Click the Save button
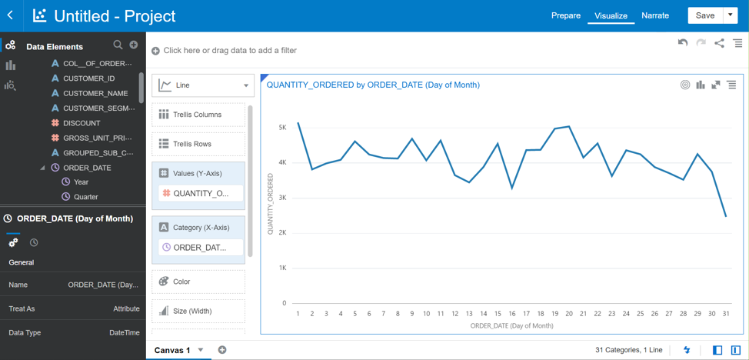[x=704, y=15]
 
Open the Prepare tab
[x=565, y=15]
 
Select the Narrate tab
[x=654, y=15]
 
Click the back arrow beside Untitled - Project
[x=10, y=15]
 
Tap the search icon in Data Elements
[x=118, y=45]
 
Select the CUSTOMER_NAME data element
[x=95, y=93]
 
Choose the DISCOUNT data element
[x=82, y=123]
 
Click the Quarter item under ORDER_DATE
[x=85, y=197]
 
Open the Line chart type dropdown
[x=203, y=85]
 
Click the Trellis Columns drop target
[x=198, y=115]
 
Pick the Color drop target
[x=198, y=282]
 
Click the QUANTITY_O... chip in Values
[x=200, y=194]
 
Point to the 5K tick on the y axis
[x=282, y=128]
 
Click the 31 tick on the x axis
[x=726, y=314]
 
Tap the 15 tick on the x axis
[x=498, y=314]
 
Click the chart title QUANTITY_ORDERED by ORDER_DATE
[x=373, y=85]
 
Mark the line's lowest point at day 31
[x=726, y=216]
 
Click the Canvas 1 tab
[x=172, y=350]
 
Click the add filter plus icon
[x=155, y=51]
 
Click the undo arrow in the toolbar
[x=682, y=43]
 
